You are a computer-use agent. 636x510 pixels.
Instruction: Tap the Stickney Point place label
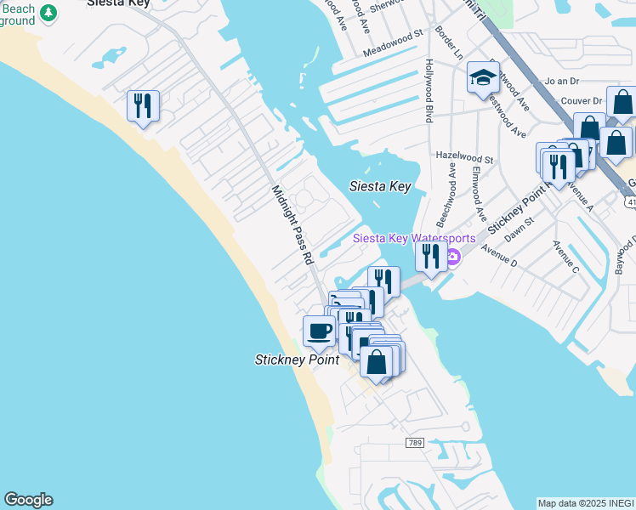point(297,360)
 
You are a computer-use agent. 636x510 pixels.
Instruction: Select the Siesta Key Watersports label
point(414,239)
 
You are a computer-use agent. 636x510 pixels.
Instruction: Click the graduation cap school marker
point(483,79)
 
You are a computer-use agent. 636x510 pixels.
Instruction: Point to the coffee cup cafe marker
point(319,330)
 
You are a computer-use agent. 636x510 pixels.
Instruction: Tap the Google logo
point(28,500)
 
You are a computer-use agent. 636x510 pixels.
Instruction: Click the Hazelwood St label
point(464,158)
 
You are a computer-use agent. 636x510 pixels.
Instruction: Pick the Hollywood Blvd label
point(429,90)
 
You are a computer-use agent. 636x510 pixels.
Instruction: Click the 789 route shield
point(414,443)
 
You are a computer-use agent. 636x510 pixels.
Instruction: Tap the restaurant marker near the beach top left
point(142,105)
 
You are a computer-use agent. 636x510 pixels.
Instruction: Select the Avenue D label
point(499,256)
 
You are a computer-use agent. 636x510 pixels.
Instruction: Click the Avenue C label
point(565,258)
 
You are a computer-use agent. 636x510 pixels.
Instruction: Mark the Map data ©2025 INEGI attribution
point(586,503)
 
